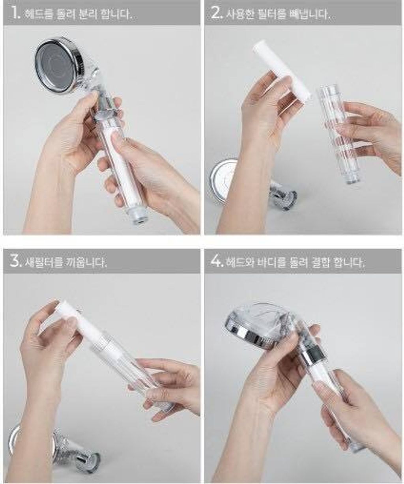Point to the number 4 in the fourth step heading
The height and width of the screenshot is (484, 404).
pyautogui.click(x=215, y=262)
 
